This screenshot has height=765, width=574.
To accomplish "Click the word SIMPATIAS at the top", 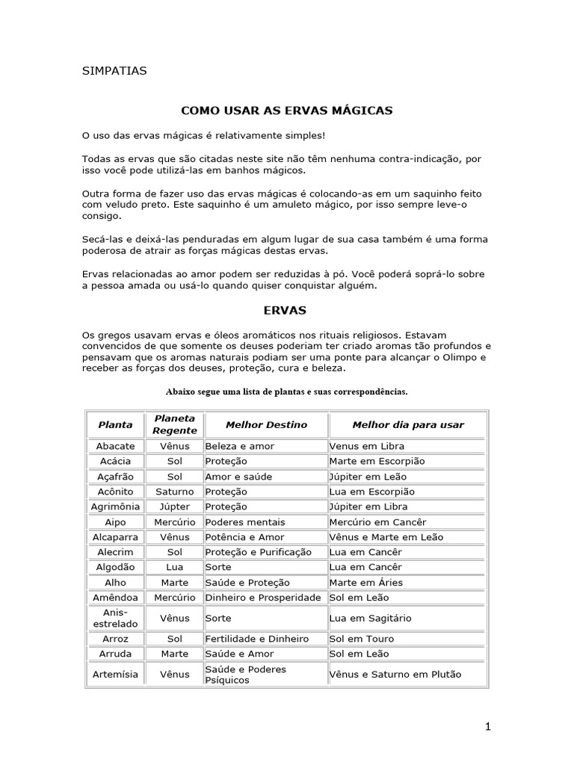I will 114,72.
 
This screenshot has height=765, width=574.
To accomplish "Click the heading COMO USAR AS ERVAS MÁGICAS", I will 287,111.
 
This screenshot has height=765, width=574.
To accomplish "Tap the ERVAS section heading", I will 285,309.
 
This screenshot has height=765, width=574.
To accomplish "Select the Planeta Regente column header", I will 174,424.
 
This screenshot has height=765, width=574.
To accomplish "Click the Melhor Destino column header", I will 266,424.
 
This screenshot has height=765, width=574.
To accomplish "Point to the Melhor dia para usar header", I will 407,424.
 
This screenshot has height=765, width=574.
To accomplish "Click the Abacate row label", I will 115,446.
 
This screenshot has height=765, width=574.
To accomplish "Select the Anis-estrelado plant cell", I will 115,618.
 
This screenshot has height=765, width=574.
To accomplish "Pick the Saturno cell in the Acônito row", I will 174,492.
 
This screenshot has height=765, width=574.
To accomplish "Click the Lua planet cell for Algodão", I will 174,567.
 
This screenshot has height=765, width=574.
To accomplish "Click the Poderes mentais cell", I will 244,521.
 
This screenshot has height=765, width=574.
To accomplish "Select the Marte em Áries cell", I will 365,582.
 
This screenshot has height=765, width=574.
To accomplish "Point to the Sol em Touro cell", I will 361,639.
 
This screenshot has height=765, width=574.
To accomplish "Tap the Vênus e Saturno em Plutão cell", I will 395,674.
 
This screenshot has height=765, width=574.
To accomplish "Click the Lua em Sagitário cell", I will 370,618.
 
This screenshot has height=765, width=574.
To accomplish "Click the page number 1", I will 487,727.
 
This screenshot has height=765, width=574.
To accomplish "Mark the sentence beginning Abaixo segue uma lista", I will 287,391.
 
